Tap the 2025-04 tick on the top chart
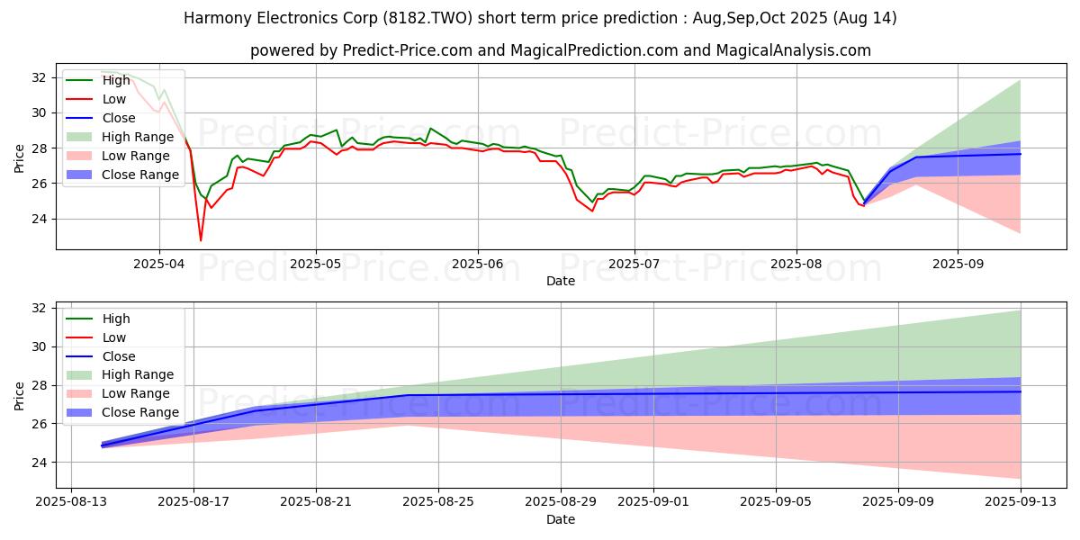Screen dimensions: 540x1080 click(159, 265)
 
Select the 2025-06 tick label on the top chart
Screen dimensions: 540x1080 click(477, 265)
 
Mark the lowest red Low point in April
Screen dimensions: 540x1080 click(201, 240)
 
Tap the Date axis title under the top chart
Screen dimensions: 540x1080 click(560, 282)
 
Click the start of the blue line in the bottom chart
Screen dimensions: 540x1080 click(101, 445)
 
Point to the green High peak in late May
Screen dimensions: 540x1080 click(430, 129)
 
